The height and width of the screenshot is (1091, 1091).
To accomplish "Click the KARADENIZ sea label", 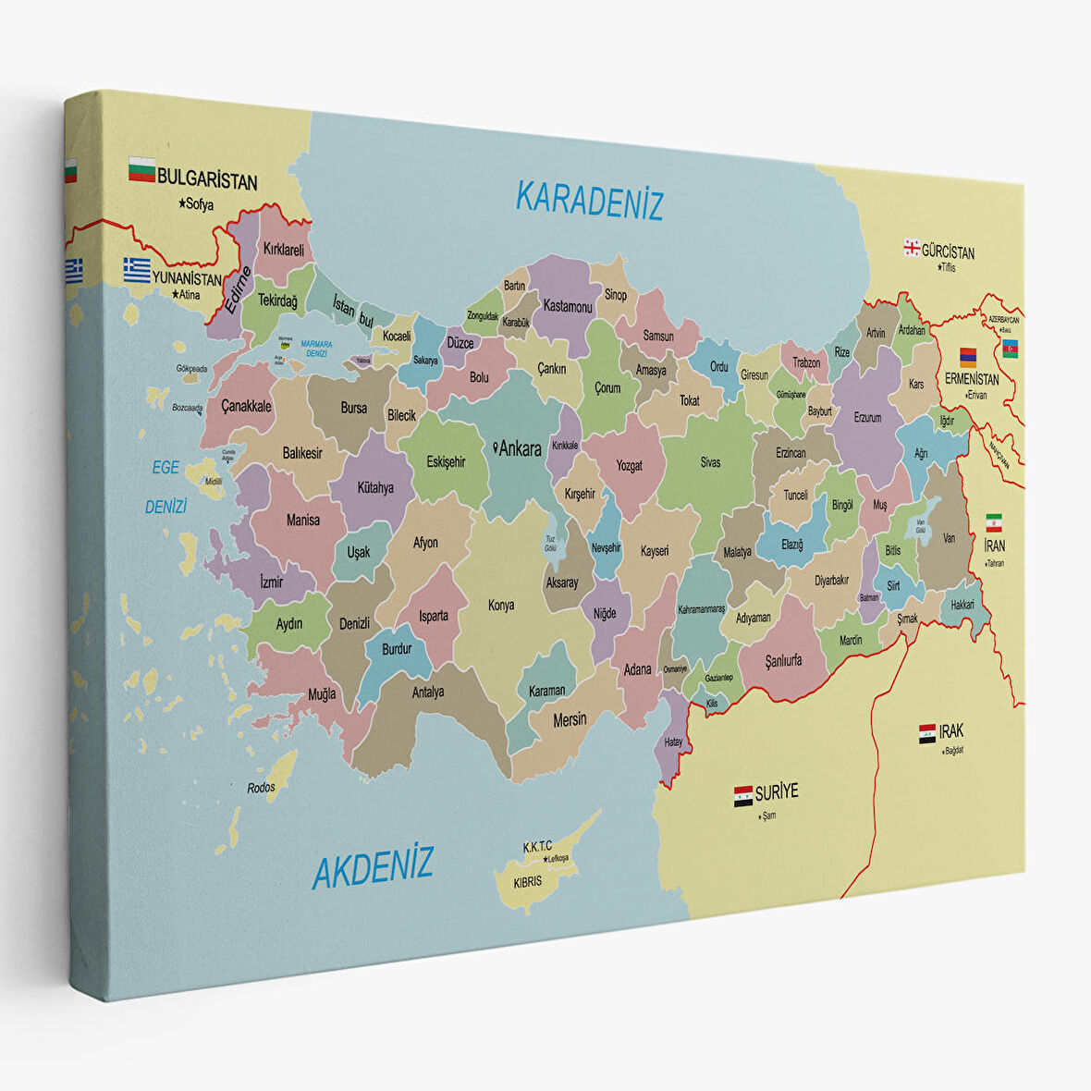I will (x=589, y=201).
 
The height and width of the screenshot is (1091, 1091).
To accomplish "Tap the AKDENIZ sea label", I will (x=373, y=868).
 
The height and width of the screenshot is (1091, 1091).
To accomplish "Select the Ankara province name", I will (x=520, y=449).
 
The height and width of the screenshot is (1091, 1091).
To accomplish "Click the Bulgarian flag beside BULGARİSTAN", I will (x=141, y=170).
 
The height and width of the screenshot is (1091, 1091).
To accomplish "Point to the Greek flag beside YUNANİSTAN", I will (x=137, y=269).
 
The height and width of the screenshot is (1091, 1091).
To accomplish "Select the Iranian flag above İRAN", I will (x=994, y=522).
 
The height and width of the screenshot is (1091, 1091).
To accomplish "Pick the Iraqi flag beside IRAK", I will (x=926, y=734).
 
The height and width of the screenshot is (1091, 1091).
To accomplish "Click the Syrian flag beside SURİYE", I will (x=742, y=796).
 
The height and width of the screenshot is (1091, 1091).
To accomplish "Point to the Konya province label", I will (x=501, y=606).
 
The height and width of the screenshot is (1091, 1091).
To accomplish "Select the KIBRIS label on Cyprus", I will (x=527, y=881).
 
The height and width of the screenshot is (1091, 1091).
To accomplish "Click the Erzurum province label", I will (x=867, y=418).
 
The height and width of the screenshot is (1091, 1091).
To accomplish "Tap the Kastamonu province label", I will (x=568, y=306).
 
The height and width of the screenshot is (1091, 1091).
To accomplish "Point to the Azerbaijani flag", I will (x=1010, y=348).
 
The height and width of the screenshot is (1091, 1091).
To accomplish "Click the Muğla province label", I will (x=322, y=694).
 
